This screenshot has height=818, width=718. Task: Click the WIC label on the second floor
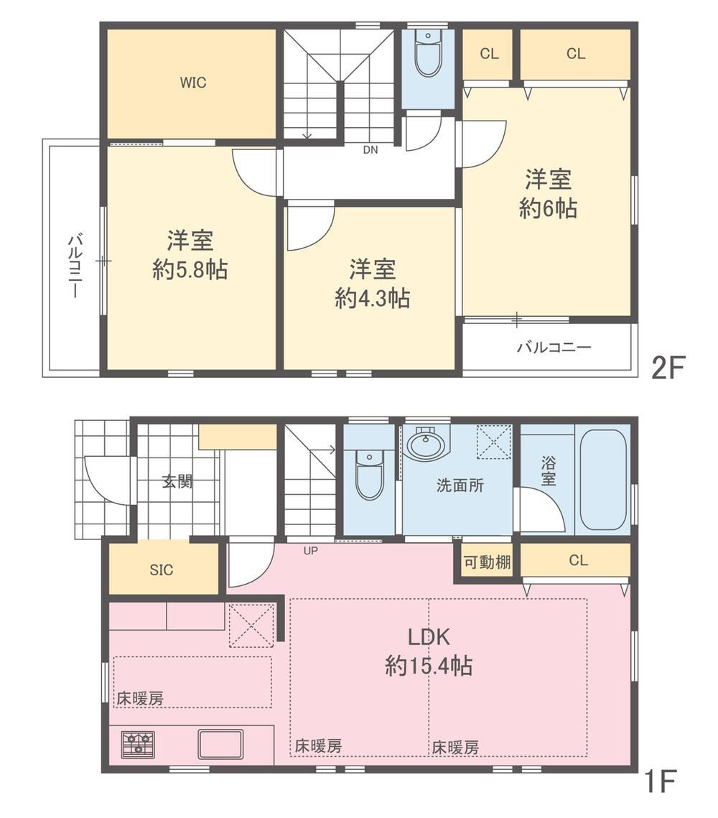pyautogui.click(x=193, y=83)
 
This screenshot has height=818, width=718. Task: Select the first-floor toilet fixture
pyautogui.click(x=369, y=475)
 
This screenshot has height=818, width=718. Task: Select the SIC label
pyautogui.click(x=161, y=570)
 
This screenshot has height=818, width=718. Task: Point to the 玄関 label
pyautogui.click(x=177, y=481)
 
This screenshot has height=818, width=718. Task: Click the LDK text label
pyautogui.click(x=428, y=637)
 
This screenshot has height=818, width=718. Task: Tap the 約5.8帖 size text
pyautogui.click(x=190, y=270)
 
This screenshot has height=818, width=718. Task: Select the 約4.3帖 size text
pyautogui.click(x=372, y=299)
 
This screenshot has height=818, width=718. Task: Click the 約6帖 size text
pyautogui.click(x=548, y=208)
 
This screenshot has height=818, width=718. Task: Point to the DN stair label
pyautogui.click(x=370, y=150)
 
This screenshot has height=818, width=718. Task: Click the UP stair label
pyautogui.click(x=311, y=550)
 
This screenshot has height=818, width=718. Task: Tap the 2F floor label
pyautogui.click(x=668, y=368)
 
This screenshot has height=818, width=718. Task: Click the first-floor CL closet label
pyautogui.click(x=578, y=560)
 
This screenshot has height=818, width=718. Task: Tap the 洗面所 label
pyautogui.click(x=460, y=485)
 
